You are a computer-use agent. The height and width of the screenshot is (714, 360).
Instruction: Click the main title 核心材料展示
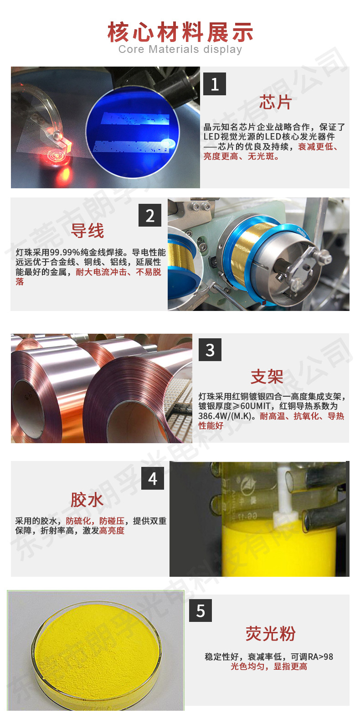coord(180,32)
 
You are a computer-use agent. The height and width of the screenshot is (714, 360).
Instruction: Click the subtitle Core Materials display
coord(180,49)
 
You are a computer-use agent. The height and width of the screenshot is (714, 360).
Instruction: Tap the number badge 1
coord(215,84)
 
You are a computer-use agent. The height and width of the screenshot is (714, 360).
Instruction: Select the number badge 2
coord(150,215)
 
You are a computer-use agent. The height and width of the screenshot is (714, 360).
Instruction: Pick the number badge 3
coord(210,350)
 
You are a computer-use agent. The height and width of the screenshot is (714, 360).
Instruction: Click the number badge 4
coord(152,478)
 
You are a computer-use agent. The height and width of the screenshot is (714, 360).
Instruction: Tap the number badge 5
coord(201,611)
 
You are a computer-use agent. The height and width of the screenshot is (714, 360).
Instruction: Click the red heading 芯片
coord(275,103)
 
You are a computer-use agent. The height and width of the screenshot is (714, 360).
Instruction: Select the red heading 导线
coord(87,231)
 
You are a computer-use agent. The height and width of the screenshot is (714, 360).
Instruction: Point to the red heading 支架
coord(267,377)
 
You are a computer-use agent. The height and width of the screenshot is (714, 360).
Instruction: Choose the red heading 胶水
coord(87,500)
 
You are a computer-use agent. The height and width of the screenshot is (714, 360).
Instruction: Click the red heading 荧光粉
coord(271,634)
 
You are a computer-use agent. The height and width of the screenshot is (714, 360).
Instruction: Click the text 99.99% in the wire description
coord(67,252)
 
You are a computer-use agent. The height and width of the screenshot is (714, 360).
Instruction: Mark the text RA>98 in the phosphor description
coord(318,657)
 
